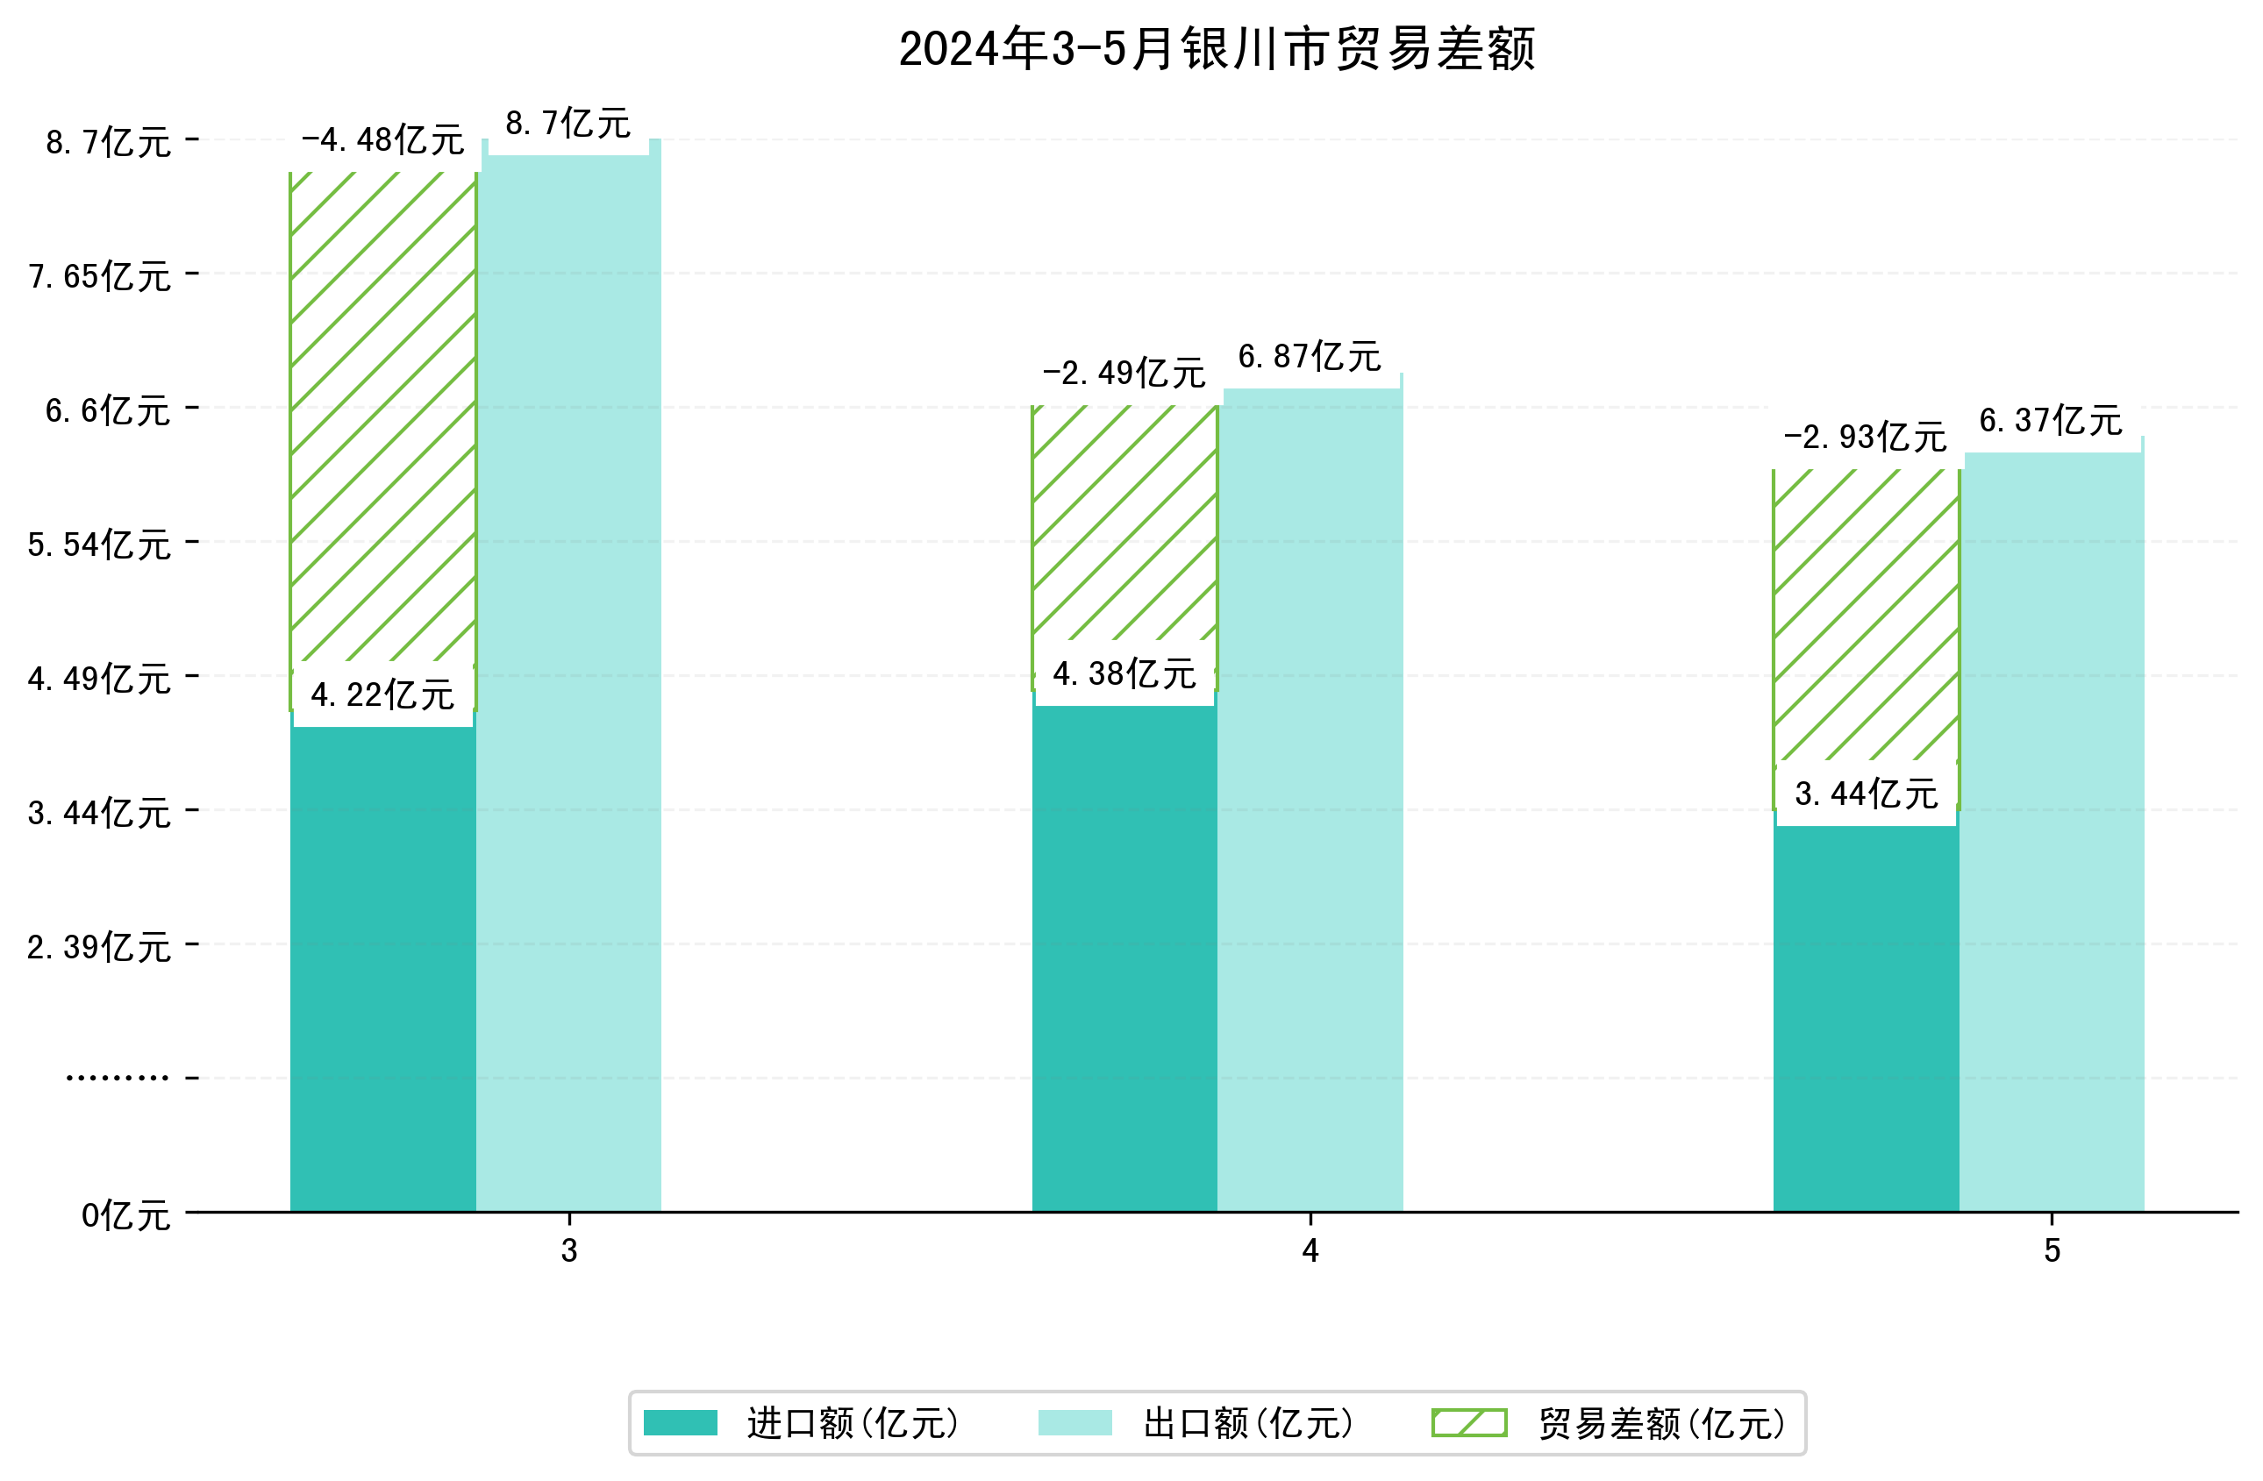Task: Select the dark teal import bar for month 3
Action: pos(382,970)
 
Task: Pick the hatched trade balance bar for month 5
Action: pos(1865,618)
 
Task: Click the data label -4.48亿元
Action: pos(382,140)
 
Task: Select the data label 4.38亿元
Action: pos(1124,674)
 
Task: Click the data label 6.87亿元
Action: pos(1310,358)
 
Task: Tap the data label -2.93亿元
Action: pos(1865,438)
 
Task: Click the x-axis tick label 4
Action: pos(1310,1251)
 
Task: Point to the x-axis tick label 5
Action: pos(2052,1251)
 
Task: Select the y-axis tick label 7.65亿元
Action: pos(100,276)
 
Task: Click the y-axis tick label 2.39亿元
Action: pos(100,948)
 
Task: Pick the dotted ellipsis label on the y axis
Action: pos(117,1078)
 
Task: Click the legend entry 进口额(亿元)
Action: pos(852,1423)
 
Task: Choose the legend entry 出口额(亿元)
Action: pos(1247,1423)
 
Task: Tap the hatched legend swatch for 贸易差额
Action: pos(1469,1423)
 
